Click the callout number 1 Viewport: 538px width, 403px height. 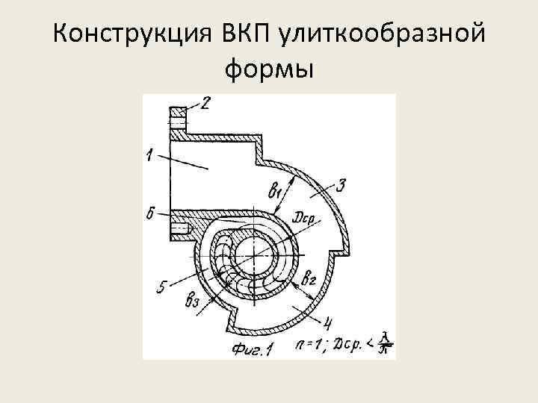pos(150,156)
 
